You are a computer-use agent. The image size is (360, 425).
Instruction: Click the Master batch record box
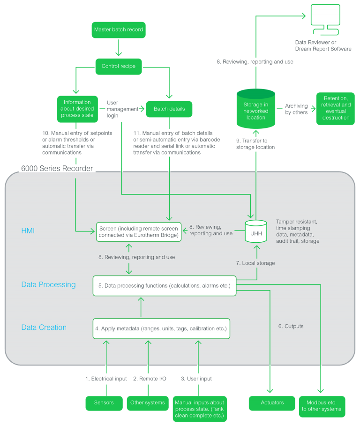click(118, 30)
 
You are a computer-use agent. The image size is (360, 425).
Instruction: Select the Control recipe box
click(118, 66)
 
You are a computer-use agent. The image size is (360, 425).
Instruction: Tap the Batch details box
click(169, 109)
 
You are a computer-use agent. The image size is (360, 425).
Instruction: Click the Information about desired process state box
click(77, 109)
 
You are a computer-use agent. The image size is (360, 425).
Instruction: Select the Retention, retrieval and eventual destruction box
click(336, 108)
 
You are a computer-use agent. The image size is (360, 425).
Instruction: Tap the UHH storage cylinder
click(256, 231)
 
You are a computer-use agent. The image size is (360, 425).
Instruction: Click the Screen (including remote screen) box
click(139, 232)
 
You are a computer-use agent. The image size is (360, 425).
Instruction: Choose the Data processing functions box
click(165, 285)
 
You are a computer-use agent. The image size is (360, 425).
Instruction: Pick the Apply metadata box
click(161, 328)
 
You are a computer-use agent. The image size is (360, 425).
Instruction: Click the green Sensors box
click(104, 403)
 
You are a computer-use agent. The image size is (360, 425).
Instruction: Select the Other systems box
click(148, 403)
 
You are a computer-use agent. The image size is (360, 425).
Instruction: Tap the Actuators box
click(272, 403)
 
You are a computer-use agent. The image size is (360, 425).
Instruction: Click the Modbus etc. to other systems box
click(322, 406)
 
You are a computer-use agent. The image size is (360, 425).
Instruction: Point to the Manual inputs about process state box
click(199, 409)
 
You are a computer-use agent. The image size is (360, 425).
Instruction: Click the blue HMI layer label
click(28, 231)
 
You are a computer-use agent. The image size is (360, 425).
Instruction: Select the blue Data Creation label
click(44, 328)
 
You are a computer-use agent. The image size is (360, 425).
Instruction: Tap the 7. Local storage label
click(255, 263)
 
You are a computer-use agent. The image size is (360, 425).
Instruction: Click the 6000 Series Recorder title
click(57, 168)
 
